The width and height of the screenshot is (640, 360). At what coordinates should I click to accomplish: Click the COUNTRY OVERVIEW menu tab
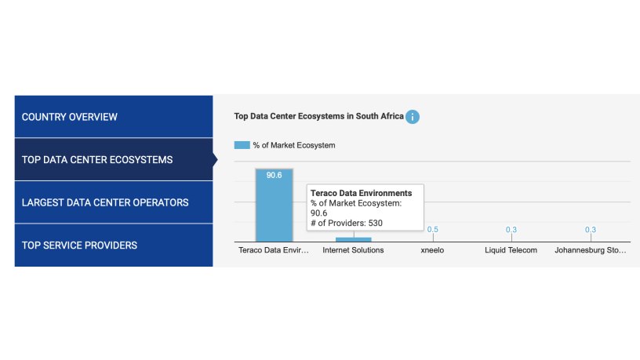tap(70, 117)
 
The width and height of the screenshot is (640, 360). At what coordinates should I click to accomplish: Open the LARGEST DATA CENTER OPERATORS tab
tap(105, 202)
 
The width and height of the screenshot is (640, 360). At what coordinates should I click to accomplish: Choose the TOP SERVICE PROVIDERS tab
tap(79, 245)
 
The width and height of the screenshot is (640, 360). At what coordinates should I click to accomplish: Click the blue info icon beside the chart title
tap(413, 117)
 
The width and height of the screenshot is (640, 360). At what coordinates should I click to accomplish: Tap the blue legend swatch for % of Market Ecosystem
tap(242, 145)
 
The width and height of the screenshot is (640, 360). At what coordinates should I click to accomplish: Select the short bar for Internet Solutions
tap(353, 239)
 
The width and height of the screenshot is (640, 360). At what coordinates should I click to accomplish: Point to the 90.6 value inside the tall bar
tap(274, 176)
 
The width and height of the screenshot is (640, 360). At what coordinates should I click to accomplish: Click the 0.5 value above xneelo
tap(432, 229)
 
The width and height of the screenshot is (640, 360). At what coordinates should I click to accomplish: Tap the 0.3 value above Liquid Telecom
tap(511, 229)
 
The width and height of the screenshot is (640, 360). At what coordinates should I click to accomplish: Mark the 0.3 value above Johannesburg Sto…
tap(591, 229)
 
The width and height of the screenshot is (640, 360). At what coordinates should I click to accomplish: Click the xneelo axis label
tap(432, 250)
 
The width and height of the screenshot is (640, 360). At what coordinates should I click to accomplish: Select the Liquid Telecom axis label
tap(511, 250)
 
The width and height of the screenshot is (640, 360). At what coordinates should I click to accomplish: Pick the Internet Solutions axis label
tap(353, 250)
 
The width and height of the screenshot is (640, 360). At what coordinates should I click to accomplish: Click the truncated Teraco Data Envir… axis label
tap(274, 250)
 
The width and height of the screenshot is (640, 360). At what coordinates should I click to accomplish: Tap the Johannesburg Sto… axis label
tap(591, 250)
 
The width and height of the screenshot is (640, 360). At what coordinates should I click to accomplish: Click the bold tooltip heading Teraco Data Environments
tap(361, 192)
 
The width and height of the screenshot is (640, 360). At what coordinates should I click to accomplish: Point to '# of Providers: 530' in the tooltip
tap(347, 223)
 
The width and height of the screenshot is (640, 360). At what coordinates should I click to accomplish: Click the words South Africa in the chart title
tap(380, 116)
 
